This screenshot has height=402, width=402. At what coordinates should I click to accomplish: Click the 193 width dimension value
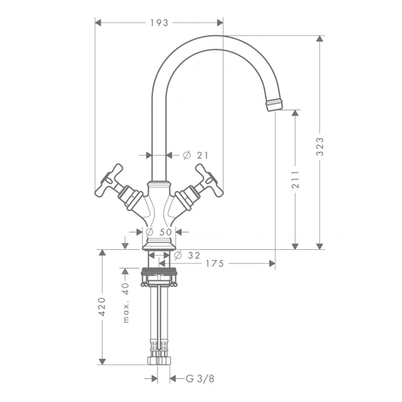coord(159,23)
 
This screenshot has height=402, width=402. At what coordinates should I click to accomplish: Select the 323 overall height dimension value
coord(320,146)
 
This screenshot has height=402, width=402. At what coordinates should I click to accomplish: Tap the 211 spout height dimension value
coord(295,179)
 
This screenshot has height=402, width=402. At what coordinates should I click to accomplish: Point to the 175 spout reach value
coord(215,263)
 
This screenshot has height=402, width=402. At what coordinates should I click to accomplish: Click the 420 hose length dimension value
coord(102,307)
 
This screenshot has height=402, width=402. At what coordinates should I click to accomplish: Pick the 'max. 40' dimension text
coord(125,303)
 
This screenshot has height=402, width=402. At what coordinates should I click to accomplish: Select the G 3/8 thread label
coord(200,378)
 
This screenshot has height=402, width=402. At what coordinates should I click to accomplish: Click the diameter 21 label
coord(196,155)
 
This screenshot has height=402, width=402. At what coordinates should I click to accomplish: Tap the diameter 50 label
coord(159,232)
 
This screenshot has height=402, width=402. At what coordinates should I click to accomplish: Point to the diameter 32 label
coord(187,256)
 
